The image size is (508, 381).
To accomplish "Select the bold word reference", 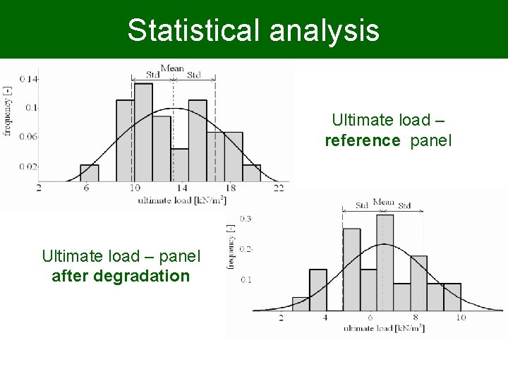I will (362, 140).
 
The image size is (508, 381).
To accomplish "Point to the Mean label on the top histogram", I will (172, 69).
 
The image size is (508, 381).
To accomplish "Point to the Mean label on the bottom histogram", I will (383, 202).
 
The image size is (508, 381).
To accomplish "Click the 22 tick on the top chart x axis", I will (279, 188).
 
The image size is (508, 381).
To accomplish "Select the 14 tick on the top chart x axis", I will (182, 188).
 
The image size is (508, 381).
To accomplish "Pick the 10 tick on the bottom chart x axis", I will (460, 318).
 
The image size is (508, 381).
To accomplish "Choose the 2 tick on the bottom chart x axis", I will (281, 318).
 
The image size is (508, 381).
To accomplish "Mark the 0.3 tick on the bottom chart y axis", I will (246, 219).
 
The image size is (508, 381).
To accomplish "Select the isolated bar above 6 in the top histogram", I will (90, 173).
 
